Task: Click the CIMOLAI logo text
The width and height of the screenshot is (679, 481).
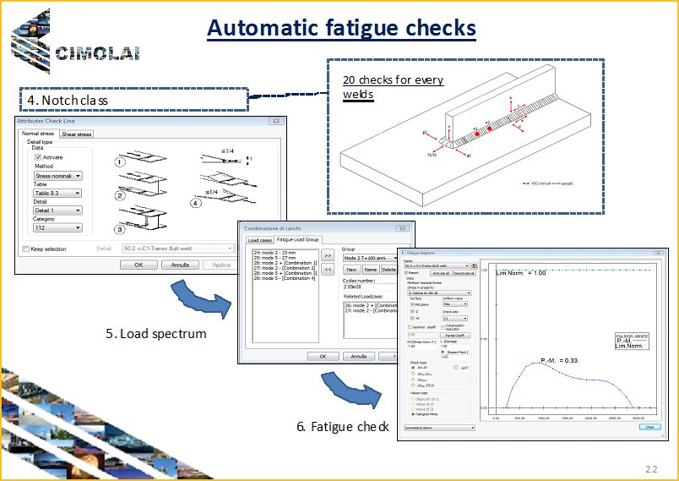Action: tap(96, 54)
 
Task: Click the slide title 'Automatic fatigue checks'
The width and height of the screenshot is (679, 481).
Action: tap(341, 29)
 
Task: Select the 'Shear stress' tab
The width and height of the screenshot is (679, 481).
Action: tap(77, 134)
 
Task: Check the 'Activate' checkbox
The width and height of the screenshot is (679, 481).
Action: tap(38, 157)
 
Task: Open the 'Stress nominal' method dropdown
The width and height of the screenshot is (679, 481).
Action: tap(57, 176)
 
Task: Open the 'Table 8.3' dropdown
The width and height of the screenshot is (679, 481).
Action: tap(57, 194)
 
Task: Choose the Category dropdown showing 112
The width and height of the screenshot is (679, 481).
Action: tap(57, 227)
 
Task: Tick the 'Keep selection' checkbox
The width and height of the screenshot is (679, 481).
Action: tap(24, 249)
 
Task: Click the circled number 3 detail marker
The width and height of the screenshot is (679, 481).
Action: tap(120, 229)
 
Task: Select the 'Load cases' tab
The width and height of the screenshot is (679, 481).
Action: tap(259, 241)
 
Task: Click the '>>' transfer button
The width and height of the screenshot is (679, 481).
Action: tap(329, 254)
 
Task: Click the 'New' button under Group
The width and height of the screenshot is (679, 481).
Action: tap(350, 269)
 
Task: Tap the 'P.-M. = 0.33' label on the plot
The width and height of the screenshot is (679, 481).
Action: tap(559, 361)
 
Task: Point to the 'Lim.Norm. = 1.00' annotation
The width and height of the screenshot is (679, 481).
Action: tap(522, 273)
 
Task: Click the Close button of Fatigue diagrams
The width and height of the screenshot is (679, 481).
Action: tap(649, 427)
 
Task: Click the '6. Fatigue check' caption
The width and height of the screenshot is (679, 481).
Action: tap(342, 426)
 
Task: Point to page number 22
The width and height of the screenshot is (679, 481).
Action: tap(650, 469)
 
